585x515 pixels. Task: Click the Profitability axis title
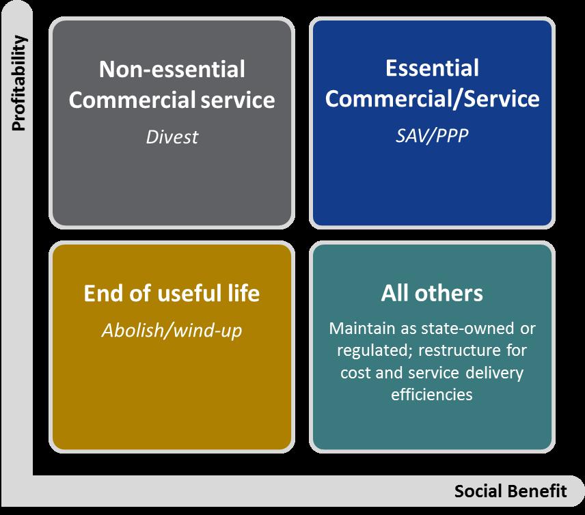click(18, 83)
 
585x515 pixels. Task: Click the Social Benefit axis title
click(511, 491)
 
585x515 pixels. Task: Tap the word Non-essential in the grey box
click(172, 70)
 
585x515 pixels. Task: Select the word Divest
click(172, 137)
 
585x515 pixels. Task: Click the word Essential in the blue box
click(432, 68)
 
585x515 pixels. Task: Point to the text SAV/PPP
click(432, 135)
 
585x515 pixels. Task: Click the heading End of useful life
click(172, 293)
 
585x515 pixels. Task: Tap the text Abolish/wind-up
click(172, 331)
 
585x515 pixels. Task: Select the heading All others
click(432, 293)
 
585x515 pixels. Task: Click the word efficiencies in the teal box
click(432, 395)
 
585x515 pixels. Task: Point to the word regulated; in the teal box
click(375, 351)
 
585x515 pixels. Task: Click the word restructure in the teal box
click(460, 350)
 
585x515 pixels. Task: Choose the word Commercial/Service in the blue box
click(432, 99)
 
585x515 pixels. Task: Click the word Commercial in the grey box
click(133, 100)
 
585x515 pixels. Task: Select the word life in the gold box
click(244, 293)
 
